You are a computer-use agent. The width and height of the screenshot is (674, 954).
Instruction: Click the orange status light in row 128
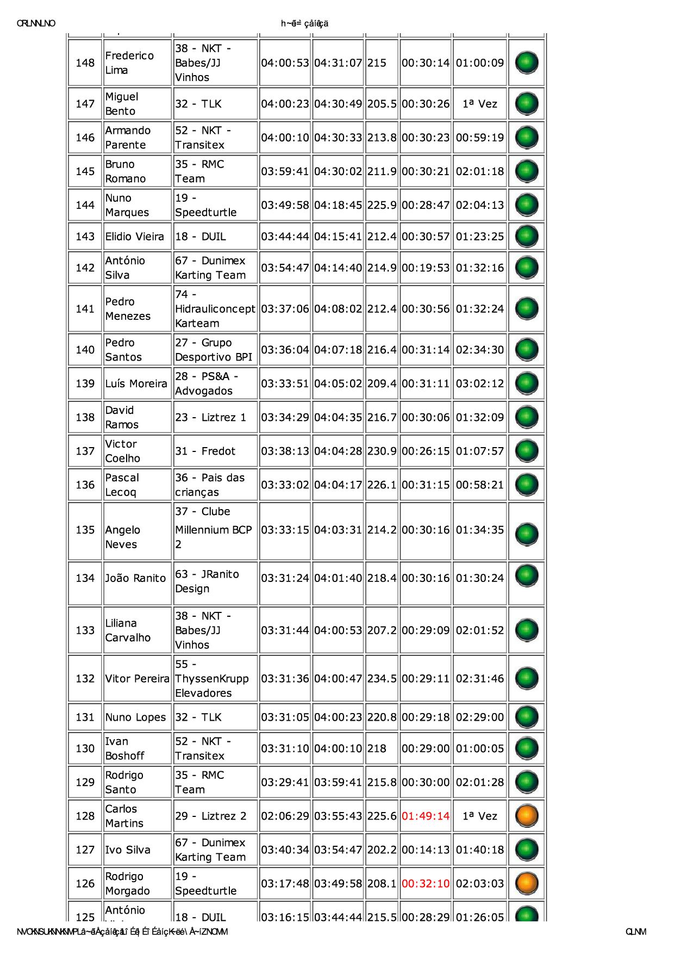click(526, 816)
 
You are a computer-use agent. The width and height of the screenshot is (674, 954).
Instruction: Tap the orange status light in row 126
click(526, 883)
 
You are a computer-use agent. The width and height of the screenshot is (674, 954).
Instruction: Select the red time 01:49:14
click(426, 816)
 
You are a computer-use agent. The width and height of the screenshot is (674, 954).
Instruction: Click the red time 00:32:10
click(426, 883)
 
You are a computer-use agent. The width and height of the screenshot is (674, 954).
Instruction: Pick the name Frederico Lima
click(129, 63)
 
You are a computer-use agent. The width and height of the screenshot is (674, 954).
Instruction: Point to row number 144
click(85, 205)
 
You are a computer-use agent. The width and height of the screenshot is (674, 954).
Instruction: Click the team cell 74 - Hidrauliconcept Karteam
click(215, 308)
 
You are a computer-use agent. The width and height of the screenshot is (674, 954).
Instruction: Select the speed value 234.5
click(382, 678)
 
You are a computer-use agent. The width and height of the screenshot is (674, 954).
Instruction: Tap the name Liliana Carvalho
click(128, 630)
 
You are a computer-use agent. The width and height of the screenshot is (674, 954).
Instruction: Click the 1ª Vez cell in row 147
click(479, 103)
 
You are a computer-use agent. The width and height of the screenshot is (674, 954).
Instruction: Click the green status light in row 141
click(526, 308)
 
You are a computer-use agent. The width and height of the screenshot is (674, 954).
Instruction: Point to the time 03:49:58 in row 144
click(285, 205)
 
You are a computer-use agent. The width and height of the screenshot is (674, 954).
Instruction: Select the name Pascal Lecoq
click(122, 485)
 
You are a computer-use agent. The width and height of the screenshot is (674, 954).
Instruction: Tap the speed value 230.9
click(382, 451)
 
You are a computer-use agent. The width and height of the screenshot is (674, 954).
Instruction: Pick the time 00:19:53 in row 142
click(426, 268)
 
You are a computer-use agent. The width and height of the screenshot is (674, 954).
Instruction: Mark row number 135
click(85, 530)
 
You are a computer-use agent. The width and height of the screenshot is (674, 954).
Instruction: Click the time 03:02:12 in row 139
click(479, 383)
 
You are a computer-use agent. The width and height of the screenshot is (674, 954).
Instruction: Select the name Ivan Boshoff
click(124, 748)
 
